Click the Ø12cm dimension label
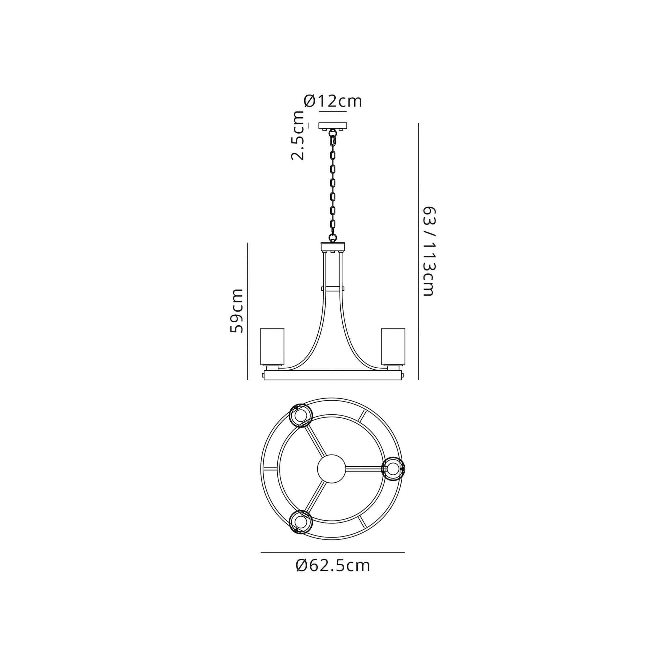pyautogui.click(x=333, y=101)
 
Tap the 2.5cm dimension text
pyautogui.click(x=298, y=136)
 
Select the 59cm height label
pyautogui.click(x=237, y=311)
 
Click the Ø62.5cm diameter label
pyautogui.click(x=333, y=566)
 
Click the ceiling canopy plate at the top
pyautogui.click(x=333, y=126)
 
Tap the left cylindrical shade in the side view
pyautogui.click(x=272, y=346)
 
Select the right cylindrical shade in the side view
pyautogui.click(x=393, y=346)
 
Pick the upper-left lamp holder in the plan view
pyautogui.click(x=301, y=415)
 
